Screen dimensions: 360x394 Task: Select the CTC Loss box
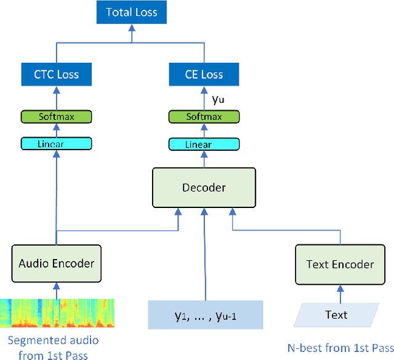click(x=57, y=74)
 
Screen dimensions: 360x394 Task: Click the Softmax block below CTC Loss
click(x=57, y=116)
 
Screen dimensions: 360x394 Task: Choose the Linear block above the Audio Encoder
click(x=57, y=144)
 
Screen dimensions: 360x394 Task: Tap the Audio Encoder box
click(x=57, y=263)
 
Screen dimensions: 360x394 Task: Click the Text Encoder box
click(x=339, y=265)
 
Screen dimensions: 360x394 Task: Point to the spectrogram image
click(x=57, y=313)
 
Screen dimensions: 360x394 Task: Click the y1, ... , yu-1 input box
click(x=205, y=315)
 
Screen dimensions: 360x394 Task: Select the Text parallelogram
click(x=336, y=315)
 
